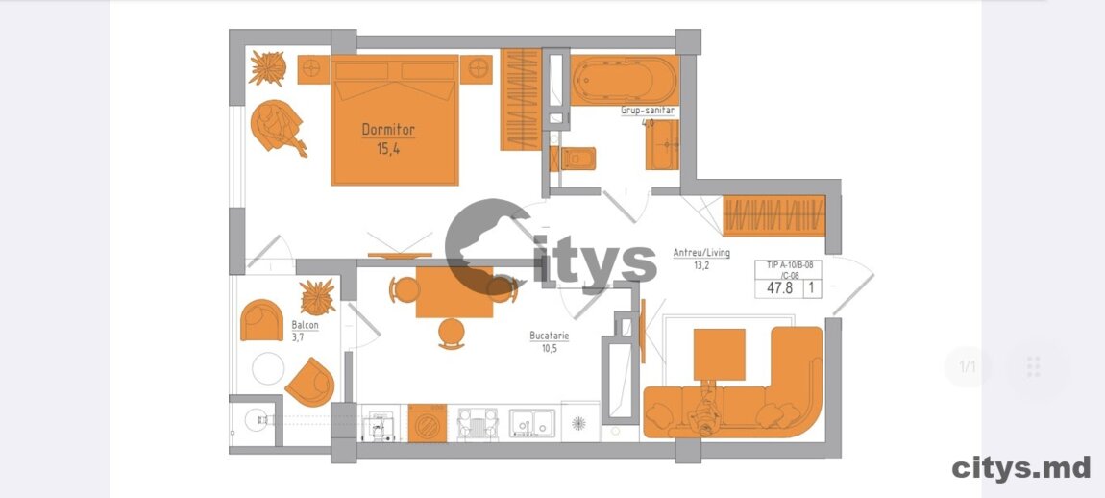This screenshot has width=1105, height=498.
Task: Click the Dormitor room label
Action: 387,130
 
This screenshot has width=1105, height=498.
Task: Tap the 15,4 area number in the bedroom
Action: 387,148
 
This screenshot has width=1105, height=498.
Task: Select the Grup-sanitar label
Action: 648,111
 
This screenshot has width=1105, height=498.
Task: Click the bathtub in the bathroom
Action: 625,81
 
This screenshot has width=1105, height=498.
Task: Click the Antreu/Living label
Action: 701,253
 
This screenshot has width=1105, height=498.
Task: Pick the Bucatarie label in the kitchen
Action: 549,336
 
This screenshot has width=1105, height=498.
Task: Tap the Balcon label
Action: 305,325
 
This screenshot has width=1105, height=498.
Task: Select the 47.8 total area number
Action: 778,287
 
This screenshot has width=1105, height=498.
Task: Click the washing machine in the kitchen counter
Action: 427,423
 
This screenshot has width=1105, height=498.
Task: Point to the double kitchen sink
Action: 531,422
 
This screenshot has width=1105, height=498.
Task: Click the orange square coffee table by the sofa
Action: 719,354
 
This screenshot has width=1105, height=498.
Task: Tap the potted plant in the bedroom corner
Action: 268,68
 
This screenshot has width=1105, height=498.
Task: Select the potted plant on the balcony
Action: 318,296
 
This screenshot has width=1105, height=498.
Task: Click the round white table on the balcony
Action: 268,368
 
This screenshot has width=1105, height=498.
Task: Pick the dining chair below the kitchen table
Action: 451,334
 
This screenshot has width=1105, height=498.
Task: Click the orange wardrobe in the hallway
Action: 773,215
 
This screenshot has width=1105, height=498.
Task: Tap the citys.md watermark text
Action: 1021,467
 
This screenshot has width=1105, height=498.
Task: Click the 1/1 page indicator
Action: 968,367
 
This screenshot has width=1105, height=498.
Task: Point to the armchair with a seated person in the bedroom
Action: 277,126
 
